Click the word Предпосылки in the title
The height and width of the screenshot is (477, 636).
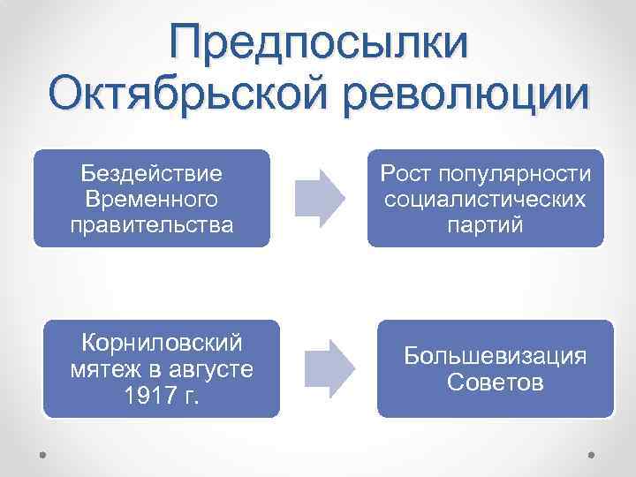click(320, 44)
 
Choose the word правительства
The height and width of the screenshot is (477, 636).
click(151, 224)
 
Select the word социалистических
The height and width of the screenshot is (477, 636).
click(485, 198)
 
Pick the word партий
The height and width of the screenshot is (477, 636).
click(485, 224)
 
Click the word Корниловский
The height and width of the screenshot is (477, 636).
click(162, 341)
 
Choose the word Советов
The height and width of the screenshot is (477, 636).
click(496, 383)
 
